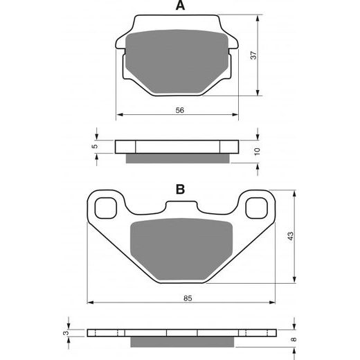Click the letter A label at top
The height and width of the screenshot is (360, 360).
pyautogui.click(x=180, y=6)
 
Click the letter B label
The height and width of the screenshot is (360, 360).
pyautogui.click(x=179, y=189)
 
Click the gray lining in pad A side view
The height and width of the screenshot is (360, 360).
pyautogui.click(x=179, y=158)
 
